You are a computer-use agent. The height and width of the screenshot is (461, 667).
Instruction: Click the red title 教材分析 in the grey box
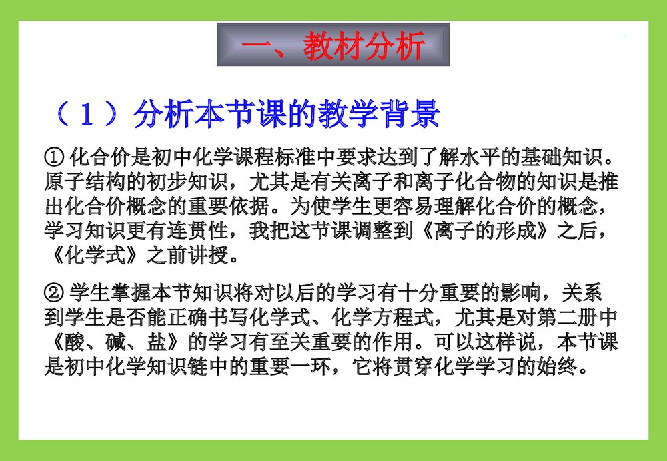tap(364, 46)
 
